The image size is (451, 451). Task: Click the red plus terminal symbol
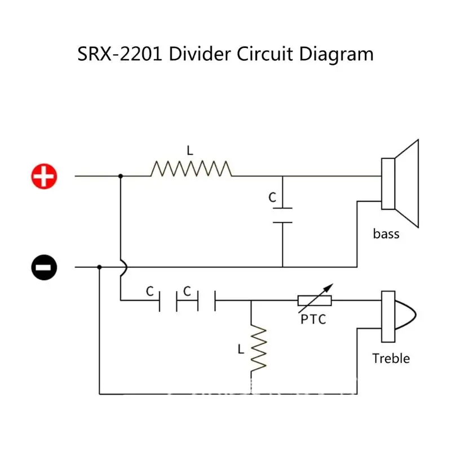coord(44,176)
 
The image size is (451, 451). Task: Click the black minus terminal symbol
coord(44,267)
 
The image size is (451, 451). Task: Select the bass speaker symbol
coord(400,183)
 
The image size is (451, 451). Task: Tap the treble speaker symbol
coord(398,316)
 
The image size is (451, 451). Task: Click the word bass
coord(386,233)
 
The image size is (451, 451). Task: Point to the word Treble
coord(391,358)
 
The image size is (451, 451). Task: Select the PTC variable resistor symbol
coord(315,300)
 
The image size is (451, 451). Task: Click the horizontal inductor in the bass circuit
coord(191,169)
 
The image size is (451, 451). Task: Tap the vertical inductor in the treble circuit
coord(258,349)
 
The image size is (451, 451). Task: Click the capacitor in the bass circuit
coord(282,215)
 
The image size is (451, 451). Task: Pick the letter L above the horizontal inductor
coord(190,151)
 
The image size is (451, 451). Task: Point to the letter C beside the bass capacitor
coord(272,198)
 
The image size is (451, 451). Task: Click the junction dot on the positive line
coord(121,176)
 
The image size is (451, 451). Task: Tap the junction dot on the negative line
coord(99,267)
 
